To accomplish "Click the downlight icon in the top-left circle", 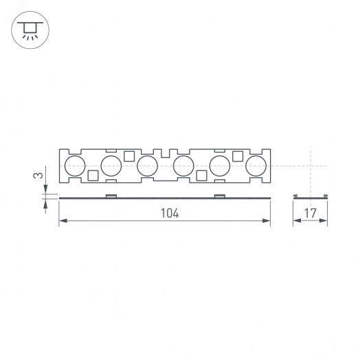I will click(x=30, y=30).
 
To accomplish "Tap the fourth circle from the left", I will click(x=183, y=165).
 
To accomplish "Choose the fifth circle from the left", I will click(x=220, y=165).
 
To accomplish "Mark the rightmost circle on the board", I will click(x=256, y=165).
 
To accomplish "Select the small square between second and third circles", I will click(x=128, y=155).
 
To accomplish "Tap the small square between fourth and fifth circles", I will click(x=201, y=175).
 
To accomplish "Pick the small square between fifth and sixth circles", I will click(x=238, y=155).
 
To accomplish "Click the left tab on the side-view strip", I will click(x=110, y=196).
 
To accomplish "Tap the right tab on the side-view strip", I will click(x=219, y=196).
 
